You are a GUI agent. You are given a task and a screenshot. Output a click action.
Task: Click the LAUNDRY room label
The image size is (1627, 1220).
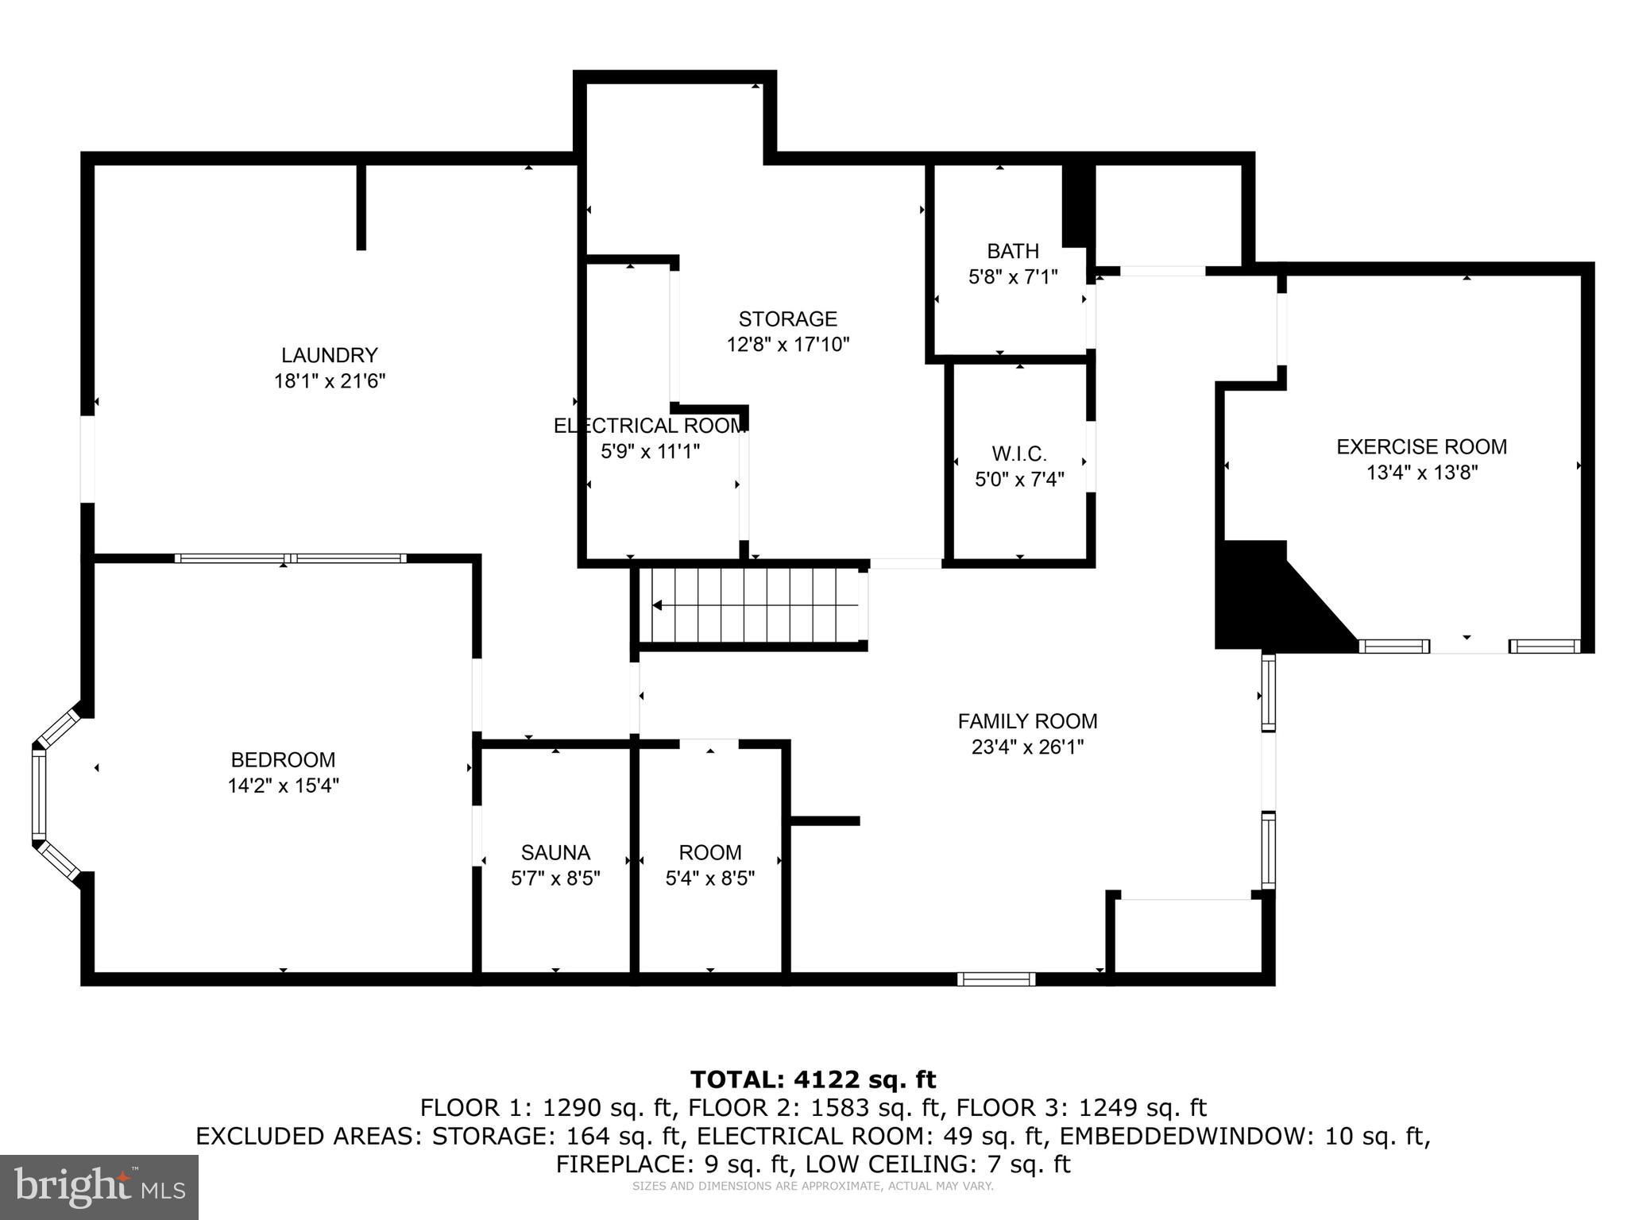[x=329, y=355]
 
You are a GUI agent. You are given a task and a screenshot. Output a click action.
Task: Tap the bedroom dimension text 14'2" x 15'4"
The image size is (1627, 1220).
[x=283, y=786]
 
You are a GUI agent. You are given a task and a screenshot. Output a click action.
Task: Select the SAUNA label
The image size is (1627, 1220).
[x=555, y=853]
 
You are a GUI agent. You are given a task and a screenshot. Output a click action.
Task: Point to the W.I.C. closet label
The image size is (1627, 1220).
[x=1019, y=454]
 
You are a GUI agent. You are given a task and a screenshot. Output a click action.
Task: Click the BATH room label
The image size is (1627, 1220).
[x=1013, y=252]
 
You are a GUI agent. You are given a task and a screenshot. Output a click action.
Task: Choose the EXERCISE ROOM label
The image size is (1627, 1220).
[x=1421, y=447]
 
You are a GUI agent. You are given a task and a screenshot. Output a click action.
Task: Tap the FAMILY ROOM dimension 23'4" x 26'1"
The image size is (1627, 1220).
[x=1027, y=747]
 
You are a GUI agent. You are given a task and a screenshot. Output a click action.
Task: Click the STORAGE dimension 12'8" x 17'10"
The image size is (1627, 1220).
[x=788, y=345]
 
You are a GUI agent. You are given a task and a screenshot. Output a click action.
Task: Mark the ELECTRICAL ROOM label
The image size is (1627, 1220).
[x=649, y=426]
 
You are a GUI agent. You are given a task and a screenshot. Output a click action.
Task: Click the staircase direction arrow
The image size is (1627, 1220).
[x=658, y=605]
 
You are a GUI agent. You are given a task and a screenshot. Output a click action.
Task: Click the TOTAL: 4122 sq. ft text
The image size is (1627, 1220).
[x=813, y=1080]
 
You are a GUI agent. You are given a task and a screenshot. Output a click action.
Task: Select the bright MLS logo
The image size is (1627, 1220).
[x=99, y=1187]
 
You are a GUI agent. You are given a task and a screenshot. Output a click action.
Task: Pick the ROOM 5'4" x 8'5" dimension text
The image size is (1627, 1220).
[x=709, y=878]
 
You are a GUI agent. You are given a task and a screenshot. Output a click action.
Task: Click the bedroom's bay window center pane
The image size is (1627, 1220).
[x=39, y=795]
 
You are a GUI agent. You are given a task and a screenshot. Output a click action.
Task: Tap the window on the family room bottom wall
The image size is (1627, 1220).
[x=995, y=979]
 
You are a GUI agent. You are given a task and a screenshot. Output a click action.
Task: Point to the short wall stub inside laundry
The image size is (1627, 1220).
[x=361, y=207]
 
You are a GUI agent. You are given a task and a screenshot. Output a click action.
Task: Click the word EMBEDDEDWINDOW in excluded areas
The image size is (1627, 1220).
[x=1188, y=1137]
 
